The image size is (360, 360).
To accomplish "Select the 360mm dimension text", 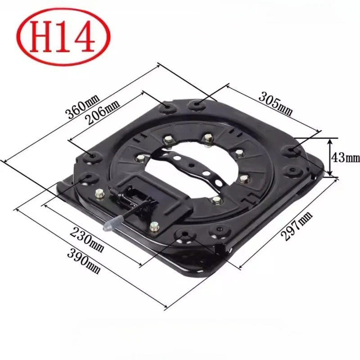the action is pos(83,106).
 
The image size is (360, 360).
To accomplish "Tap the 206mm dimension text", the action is pos(103,112).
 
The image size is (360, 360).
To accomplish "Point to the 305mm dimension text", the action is pos(276,104).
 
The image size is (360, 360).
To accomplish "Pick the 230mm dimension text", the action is pos(87,239).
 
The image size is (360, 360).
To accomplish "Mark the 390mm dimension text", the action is pos(84,261).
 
